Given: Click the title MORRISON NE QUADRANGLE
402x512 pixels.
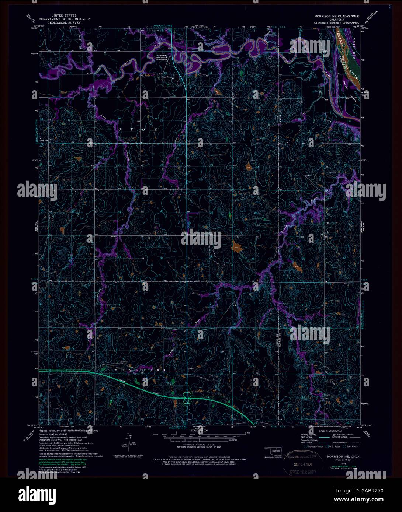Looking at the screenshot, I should coord(336,17).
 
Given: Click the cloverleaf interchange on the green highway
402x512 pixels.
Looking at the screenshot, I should coord(187,397).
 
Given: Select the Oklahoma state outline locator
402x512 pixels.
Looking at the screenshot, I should coord(272,451).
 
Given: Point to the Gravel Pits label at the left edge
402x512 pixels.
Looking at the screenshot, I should coord(46,140).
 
